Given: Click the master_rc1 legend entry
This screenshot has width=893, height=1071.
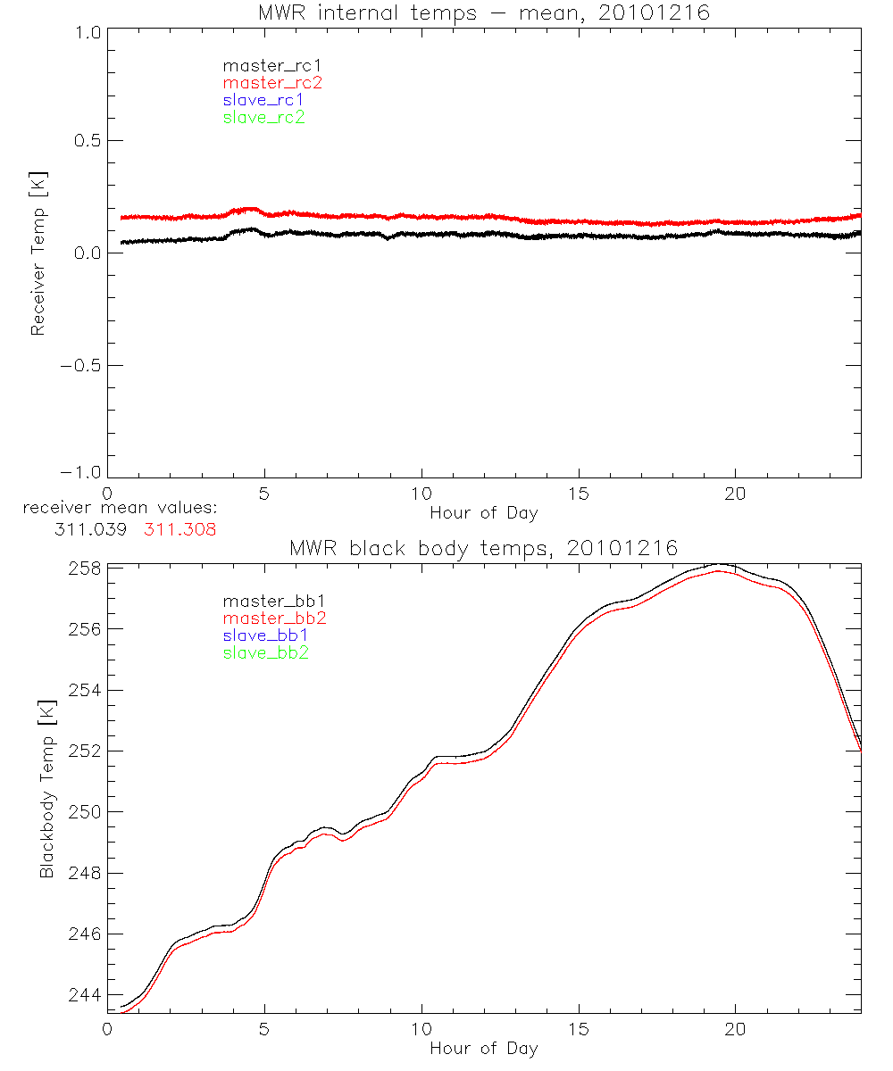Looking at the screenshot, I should click(263, 66).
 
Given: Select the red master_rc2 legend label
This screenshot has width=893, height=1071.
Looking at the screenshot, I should click(272, 83).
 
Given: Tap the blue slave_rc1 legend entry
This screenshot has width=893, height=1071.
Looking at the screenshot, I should click(263, 100).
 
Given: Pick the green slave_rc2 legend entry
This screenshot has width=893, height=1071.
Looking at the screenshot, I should click(263, 117).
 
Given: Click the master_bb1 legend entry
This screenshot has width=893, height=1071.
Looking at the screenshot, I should click(266, 602).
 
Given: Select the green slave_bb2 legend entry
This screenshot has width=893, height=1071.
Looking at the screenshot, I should click(266, 652).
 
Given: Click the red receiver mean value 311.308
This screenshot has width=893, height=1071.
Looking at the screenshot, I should click(180, 528).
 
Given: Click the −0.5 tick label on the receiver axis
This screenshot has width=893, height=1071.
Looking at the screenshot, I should click(82, 365).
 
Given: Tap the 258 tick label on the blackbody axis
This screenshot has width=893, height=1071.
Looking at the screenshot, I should click(84, 569).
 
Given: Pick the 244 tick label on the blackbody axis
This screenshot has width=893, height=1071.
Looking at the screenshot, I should click(84, 995).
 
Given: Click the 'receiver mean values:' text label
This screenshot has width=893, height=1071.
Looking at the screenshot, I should click(121, 509).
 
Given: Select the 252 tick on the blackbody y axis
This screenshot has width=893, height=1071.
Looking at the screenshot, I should click(84, 751).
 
